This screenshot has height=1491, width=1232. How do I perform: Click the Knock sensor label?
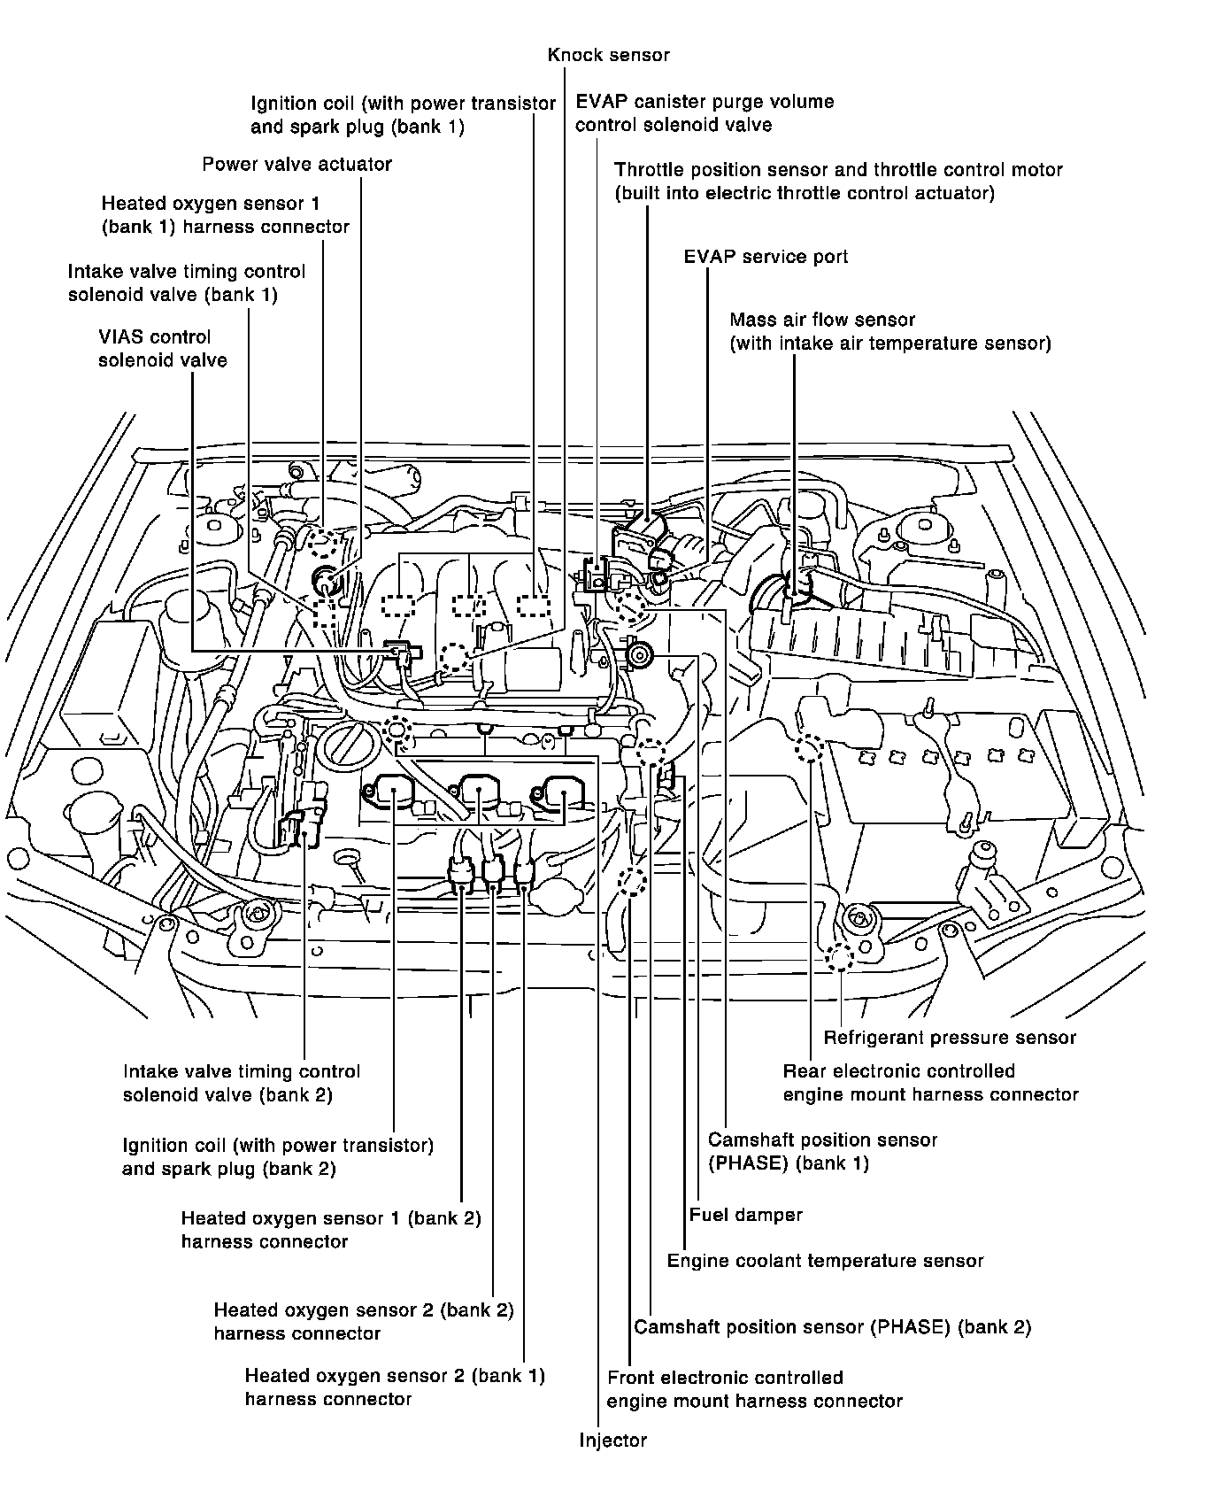[x=608, y=55]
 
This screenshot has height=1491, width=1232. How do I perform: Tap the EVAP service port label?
[x=766, y=257]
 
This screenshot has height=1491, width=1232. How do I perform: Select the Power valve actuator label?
[x=296, y=164]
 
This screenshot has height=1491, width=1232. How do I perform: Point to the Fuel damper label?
[x=745, y=1215]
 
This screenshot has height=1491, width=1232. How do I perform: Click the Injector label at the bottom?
[x=612, y=1441]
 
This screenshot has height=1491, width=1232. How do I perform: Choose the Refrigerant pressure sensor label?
[x=950, y=1038]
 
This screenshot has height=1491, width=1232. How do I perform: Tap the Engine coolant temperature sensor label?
[x=825, y=1261]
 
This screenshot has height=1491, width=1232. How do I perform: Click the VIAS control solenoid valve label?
[x=163, y=348]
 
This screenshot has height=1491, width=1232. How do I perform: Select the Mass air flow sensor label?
[x=889, y=331]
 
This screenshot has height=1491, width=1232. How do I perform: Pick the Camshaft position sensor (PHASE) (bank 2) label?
[x=832, y=1327]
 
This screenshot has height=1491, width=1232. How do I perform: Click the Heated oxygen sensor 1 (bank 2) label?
[x=330, y=1230]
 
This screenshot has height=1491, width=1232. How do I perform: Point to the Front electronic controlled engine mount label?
[x=754, y=1389]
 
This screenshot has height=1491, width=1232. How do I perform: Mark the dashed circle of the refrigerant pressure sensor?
[x=837, y=957]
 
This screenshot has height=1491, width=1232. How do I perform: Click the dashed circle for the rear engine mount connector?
[x=809, y=750]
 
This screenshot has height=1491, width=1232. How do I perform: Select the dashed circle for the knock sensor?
[x=455, y=656]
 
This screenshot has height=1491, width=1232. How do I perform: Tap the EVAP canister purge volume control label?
[x=704, y=113]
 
